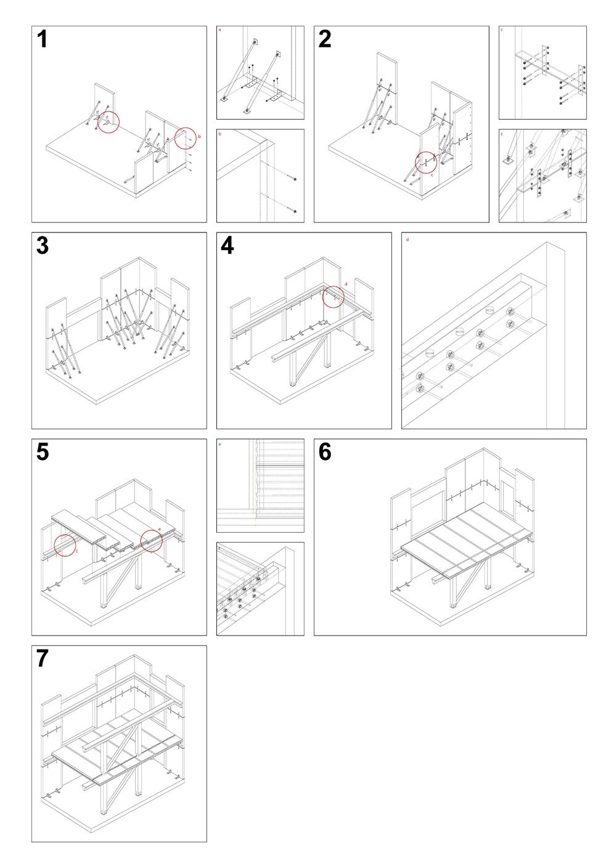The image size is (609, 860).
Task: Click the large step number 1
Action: click(42, 39)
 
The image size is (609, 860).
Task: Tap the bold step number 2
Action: click(325, 39)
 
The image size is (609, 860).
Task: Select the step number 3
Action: click(43, 245)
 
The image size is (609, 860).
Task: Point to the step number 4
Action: click(227, 245)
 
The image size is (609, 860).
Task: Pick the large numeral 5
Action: click(43, 452)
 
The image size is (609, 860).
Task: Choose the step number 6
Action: click(325, 452)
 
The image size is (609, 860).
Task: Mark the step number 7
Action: click(43, 658)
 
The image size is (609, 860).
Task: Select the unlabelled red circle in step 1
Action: click(109, 122)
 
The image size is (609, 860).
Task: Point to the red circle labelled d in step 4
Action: click(333, 296)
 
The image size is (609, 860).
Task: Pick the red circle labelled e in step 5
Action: click(152, 541)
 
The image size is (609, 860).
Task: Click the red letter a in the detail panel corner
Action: click(220, 29)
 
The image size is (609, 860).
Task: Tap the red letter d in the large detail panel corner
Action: click(407, 239)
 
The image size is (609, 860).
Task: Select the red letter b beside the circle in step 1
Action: click(199, 136)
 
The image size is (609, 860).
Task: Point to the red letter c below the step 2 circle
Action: click(431, 175)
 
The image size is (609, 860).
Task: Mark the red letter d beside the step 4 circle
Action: click(346, 284)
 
